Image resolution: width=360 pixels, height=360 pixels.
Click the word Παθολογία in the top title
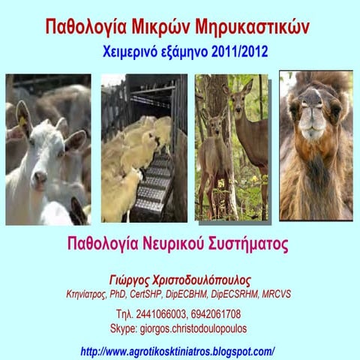click(x=88, y=28)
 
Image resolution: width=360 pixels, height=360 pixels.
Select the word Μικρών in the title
click(x=163, y=28)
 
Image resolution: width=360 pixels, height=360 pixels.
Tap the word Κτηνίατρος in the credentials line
click(x=88, y=294)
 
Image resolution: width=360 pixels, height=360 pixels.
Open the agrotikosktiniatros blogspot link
click(x=178, y=350)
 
